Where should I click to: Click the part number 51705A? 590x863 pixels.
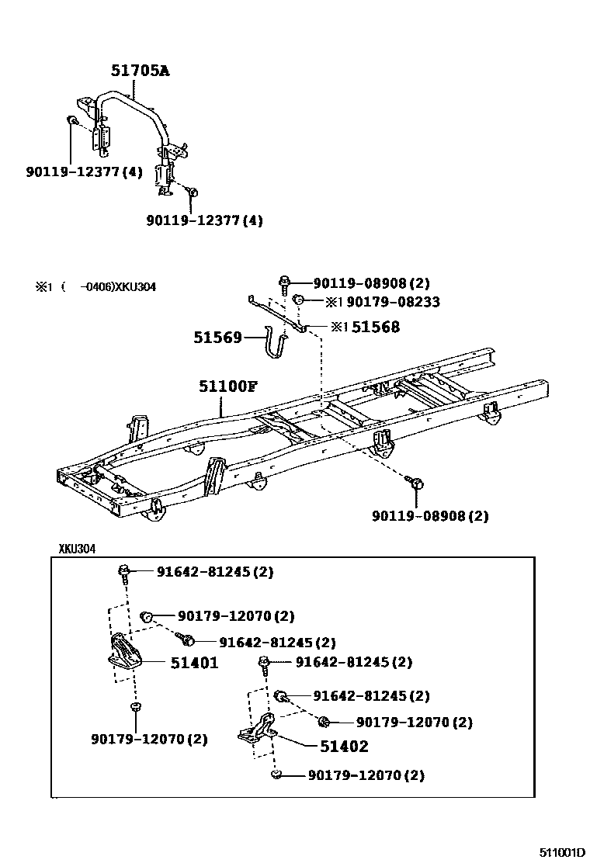[x=139, y=71]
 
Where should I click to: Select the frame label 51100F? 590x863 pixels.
[x=226, y=386]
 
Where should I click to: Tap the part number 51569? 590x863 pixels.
[x=218, y=338]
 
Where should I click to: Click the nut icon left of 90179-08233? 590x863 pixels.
[x=297, y=301]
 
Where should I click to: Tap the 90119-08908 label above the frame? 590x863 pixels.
[x=371, y=283]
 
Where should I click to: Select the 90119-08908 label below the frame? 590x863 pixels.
[x=429, y=515]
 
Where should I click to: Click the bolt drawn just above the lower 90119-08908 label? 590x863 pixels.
[x=416, y=484]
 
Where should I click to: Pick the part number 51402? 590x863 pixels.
[x=344, y=747]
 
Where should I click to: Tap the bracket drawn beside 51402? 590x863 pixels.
[x=259, y=733]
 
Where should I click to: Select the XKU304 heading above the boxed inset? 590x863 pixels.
[x=77, y=549]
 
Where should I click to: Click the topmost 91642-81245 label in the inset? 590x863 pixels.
[x=214, y=572]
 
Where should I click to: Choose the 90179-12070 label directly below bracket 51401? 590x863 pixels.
[x=149, y=739]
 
